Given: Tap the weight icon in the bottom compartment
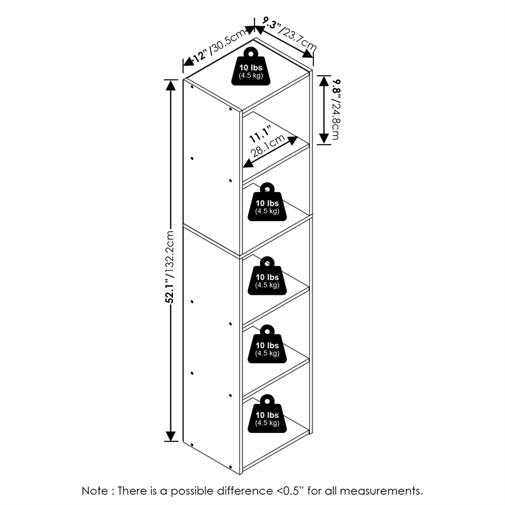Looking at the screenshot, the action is tap(267, 414).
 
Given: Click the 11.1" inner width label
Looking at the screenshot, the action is tap(260, 134).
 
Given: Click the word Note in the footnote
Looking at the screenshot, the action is tap(95, 491).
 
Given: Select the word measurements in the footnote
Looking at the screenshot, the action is tap(381, 492).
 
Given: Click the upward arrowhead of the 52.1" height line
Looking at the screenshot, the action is tap(170, 85).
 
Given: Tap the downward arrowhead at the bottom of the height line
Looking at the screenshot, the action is tap(170, 436).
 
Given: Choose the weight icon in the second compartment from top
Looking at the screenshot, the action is tap(267, 202).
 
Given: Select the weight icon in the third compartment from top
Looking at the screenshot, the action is tap(267, 276).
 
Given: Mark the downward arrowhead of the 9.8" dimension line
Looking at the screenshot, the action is tap(324, 138).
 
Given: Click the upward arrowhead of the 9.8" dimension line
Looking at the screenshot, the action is tap(324, 81).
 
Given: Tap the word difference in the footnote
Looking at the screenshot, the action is tap(244, 491).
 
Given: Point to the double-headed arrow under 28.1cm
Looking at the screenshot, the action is tap(270, 152).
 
